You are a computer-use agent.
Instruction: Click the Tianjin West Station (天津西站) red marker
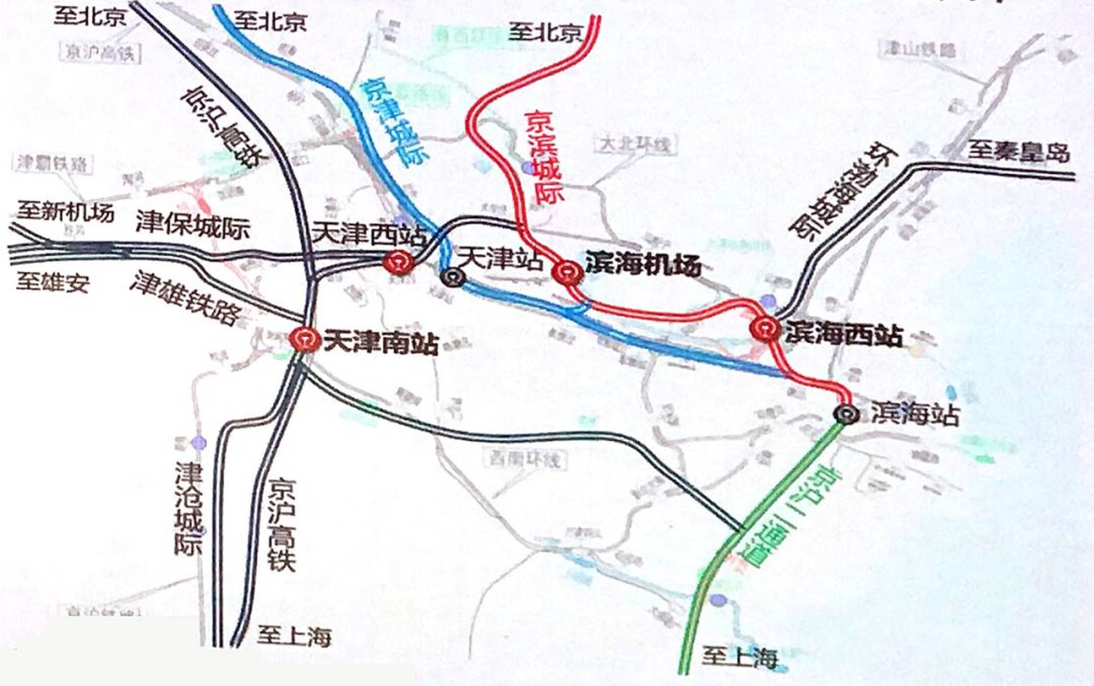click(399, 264)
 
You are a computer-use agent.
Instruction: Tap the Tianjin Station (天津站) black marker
click(453, 278)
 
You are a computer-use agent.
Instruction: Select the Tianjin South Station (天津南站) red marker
click(305, 340)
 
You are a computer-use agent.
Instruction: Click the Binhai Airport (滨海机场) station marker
click(567, 273)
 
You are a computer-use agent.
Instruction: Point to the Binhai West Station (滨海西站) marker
click(765, 329)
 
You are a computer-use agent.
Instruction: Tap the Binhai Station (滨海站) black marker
click(846, 414)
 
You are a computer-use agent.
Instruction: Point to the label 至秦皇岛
click(1018, 153)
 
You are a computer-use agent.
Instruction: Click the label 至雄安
click(53, 282)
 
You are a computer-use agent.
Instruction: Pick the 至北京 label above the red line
click(545, 31)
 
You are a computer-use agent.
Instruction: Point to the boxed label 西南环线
click(525, 459)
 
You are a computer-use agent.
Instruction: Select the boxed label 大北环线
click(635, 144)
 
